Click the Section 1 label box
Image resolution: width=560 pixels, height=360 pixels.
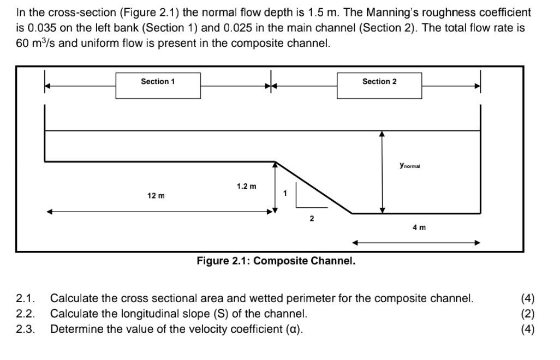click(x=158, y=85)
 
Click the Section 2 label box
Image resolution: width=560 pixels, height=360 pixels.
click(x=379, y=85)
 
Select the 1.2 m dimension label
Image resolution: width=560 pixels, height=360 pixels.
click(x=246, y=187)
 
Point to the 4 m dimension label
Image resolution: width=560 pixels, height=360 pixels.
click(x=419, y=227)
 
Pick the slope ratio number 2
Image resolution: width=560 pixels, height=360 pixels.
click(x=312, y=219)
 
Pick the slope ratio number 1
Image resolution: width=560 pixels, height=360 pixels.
click(x=285, y=193)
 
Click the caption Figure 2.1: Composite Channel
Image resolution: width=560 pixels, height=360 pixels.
click(x=276, y=261)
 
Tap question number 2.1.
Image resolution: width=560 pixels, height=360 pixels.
click(x=26, y=298)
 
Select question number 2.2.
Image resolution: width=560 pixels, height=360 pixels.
click(x=26, y=314)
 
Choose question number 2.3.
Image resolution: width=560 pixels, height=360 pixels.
click(x=26, y=329)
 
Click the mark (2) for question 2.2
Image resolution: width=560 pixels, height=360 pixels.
click(x=527, y=314)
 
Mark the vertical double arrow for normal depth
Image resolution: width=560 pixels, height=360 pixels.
click(x=382, y=172)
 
